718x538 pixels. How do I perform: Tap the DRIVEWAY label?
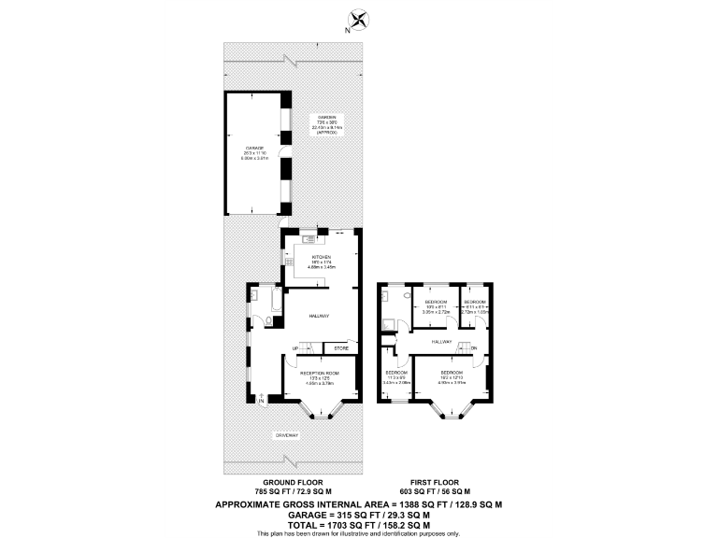tap(287, 435)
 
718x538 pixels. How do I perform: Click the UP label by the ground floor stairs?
tap(295, 348)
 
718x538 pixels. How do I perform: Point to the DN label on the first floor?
tap(474, 349)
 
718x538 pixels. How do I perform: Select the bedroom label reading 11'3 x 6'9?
tap(395, 377)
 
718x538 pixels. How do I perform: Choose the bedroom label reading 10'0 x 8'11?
tap(437, 306)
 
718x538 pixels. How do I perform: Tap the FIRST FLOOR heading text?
tap(442, 483)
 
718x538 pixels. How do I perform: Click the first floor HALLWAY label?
tap(442, 344)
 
